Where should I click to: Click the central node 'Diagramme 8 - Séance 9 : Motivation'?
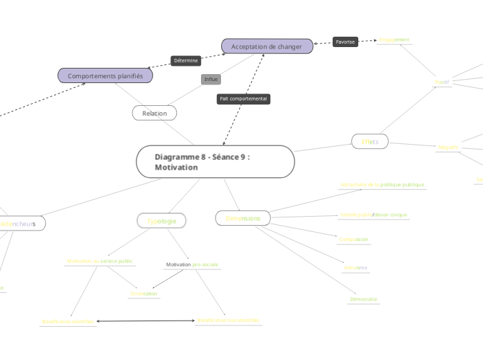[x=216, y=161]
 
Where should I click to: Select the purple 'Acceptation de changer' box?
[x=267, y=46]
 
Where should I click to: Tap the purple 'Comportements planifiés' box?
[x=105, y=75]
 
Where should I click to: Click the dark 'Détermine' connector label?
[x=186, y=61]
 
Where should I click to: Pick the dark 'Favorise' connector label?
[x=345, y=42]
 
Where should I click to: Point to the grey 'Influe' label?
[x=211, y=79]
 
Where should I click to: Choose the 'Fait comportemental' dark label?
[x=243, y=99]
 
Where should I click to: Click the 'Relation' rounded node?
[x=155, y=113]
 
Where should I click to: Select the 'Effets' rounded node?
[x=370, y=141]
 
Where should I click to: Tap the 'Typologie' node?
[x=161, y=221]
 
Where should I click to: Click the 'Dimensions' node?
[x=243, y=218]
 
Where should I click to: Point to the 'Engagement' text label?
[x=394, y=39]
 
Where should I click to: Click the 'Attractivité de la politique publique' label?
[x=383, y=185]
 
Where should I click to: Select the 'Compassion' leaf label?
[x=353, y=240]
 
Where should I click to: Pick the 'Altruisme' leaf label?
[x=355, y=267]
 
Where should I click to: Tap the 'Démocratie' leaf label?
[x=364, y=299]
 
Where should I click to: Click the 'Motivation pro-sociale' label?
[x=192, y=264]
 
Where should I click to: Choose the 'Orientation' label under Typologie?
[x=143, y=294]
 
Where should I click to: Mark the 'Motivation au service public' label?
[x=100, y=261]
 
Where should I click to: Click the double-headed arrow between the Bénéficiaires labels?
[x=146, y=321]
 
